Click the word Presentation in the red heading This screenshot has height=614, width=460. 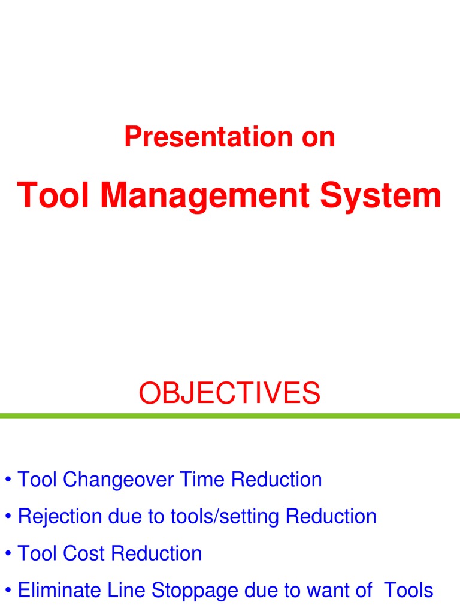click(208, 137)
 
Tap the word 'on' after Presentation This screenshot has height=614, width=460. click(318, 139)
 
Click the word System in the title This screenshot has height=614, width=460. click(380, 197)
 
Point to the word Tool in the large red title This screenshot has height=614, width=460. click(53, 195)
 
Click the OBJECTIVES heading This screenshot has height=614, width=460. click(229, 393)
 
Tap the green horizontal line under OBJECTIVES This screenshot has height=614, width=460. click(230, 416)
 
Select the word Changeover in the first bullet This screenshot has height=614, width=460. click(118, 480)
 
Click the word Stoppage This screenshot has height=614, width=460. click(195, 591)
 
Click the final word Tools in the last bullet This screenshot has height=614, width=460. click(408, 590)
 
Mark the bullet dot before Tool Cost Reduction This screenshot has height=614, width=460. click(8, 553)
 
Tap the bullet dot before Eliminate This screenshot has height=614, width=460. click(8, 590)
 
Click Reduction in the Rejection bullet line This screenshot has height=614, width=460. click(331, 516)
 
